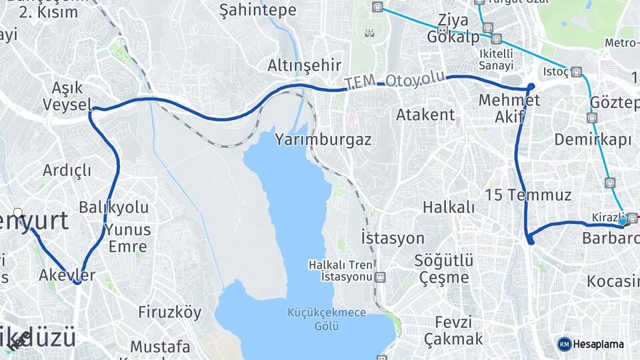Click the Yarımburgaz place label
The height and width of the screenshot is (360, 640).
pos(323,140)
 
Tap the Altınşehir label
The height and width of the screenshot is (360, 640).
pos(304,65)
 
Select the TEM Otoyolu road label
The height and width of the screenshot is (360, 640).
pos(395,81)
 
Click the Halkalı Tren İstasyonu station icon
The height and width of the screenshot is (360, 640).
pos(380,276)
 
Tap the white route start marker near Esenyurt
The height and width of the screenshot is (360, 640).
pos(19,213)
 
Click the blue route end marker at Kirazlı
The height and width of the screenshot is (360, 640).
pos(623,221)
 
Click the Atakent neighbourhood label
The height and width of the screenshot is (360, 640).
pos(425,114)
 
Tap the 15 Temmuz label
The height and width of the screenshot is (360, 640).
pos(529,195)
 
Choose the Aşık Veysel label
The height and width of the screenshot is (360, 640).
pos(67,96)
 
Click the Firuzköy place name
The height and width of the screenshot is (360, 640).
pos(169,311)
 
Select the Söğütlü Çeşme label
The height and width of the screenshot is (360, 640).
pos(444,268)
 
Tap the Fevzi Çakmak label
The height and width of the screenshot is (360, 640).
pos(453,330)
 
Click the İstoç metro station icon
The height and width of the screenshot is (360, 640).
pos(576,71)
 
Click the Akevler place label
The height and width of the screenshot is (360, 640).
pos(67,275)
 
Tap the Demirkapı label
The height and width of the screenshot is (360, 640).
pos(593,139)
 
